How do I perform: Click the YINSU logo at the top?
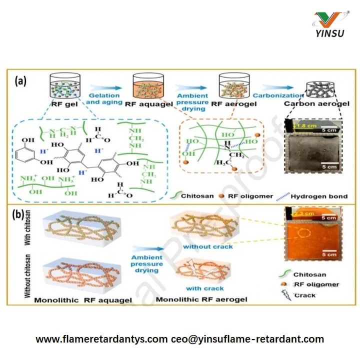[328, 24]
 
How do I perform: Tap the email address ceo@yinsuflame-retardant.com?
[247, 339]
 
